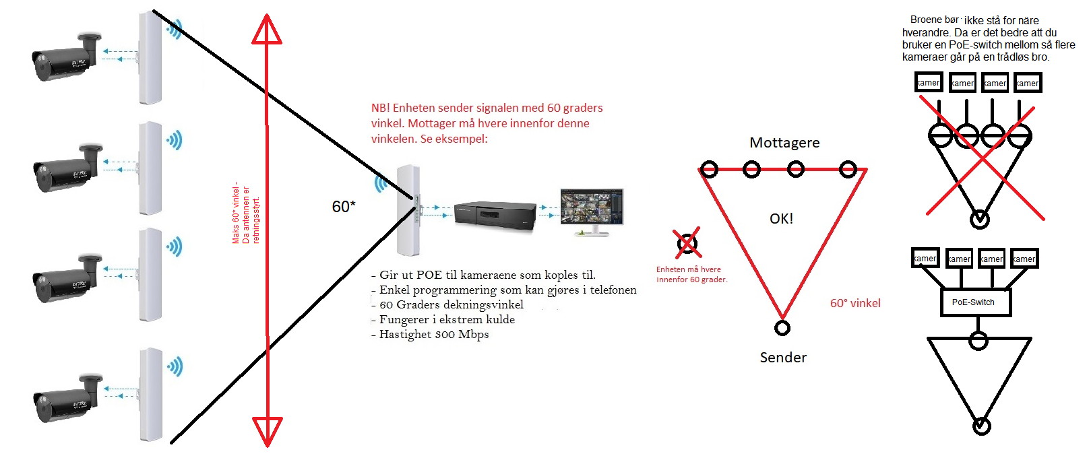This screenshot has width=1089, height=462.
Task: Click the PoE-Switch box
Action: (x=975, y=302)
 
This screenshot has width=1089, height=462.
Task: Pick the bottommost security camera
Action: (x=66, y=399)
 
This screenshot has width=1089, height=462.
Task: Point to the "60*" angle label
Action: (x=344, y=207)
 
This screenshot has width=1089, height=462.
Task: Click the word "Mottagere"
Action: (x=784, y=143)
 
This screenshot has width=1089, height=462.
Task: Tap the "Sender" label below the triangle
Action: (x=783, y=358)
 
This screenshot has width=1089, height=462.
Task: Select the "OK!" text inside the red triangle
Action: (x=782, y=219)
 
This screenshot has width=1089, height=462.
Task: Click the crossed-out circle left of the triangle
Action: (x=687, y=243)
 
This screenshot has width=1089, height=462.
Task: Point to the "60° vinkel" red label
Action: (x=855, y=304)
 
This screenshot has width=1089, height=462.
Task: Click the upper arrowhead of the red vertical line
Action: (x=267, y=30)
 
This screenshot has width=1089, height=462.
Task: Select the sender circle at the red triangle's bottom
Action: (x=782, y=328)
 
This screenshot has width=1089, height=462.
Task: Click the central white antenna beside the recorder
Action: (x=408, y=210)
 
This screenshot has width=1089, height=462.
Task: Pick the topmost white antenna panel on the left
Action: (x=150, y=58)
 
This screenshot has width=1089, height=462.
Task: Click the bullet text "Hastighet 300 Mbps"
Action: (x=434, y=335)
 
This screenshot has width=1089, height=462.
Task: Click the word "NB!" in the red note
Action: (x=380, y=108)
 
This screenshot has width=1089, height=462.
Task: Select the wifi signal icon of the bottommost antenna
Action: (x=175, y=367)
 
